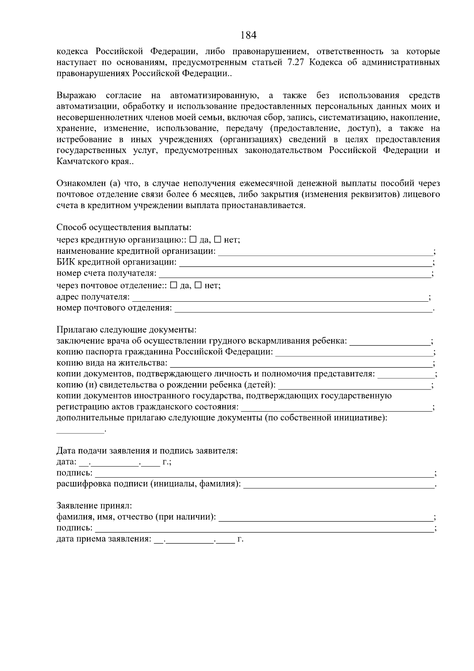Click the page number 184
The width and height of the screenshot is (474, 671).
click(x=248, y=35)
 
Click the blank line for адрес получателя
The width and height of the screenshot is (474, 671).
click(x=280, y=297)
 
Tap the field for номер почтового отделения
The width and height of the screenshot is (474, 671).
click(x=303, y=308)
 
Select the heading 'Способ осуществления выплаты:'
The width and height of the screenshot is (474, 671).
click(x=124, y=228)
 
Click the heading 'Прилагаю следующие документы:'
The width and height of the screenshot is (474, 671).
click(x=126, y=330)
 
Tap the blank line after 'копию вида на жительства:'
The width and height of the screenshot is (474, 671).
click(x=301, y=363)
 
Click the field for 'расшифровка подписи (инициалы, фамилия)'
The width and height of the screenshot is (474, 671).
click(x=339, y=484)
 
